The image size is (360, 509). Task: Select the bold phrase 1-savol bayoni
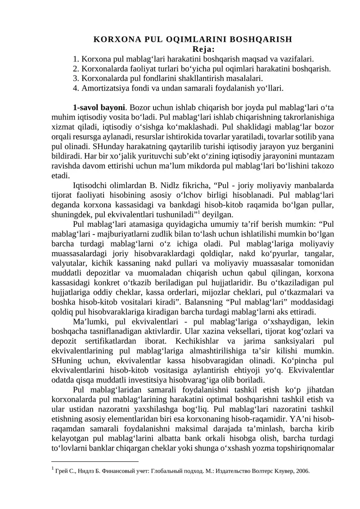tap(99, 108)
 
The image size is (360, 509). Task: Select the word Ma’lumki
tap(89, 323)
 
